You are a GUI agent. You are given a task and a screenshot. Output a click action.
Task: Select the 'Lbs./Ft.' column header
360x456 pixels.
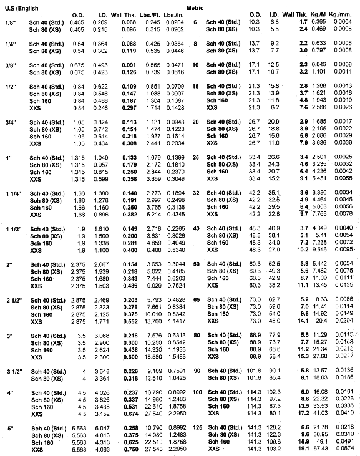pos(153,14)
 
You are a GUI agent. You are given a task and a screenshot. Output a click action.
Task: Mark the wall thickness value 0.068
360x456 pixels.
pos(130,22)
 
